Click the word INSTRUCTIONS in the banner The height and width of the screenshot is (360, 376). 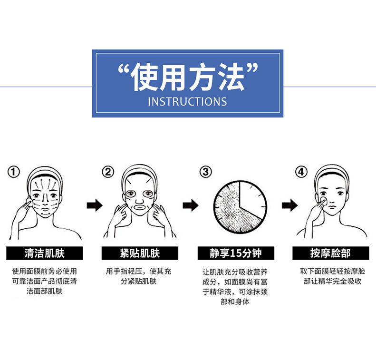click(x=187, y=102)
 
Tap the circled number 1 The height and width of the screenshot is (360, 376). click(x=14, y=172)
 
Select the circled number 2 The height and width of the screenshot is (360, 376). click(x=108, y=172)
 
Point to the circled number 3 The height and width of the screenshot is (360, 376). click(x=205, y=172)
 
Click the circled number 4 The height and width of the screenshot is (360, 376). click(x=301, y=172)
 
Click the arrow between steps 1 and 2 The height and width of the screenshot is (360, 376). click(x=95, y=205)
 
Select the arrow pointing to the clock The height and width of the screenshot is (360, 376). click(x=191, y=205)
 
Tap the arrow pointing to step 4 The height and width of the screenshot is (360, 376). click(x=289, y=205)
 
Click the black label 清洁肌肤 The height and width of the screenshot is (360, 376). click(x=45, y=253)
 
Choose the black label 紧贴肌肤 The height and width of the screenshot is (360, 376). click(x=140, y=253)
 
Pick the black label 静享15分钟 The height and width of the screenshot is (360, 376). click(x=236, y=253)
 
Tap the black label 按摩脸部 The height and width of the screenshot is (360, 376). click(x=331, y=253)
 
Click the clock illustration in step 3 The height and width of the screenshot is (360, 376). click(x=240, y=207)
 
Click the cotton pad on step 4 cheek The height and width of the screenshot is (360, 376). click(x=323, y=201)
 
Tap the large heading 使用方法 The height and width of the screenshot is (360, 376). click(x=188, y=77)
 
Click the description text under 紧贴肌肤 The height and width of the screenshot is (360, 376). click(x=139, y=276)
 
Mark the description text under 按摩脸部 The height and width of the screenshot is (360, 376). click(x=333, y=276)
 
